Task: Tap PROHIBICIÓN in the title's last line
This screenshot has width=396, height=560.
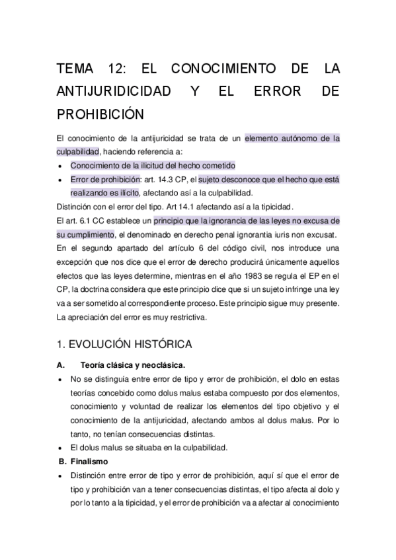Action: tap(100, 113)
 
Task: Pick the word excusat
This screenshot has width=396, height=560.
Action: tap(323, 234)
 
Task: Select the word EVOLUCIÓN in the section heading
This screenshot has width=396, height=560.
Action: tap(101, 344)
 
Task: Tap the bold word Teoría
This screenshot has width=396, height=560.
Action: tap(94, 365)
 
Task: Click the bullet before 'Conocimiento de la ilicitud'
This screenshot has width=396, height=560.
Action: tap(60, 166)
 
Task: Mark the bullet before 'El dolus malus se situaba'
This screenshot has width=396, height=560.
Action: tap(60, 447)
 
